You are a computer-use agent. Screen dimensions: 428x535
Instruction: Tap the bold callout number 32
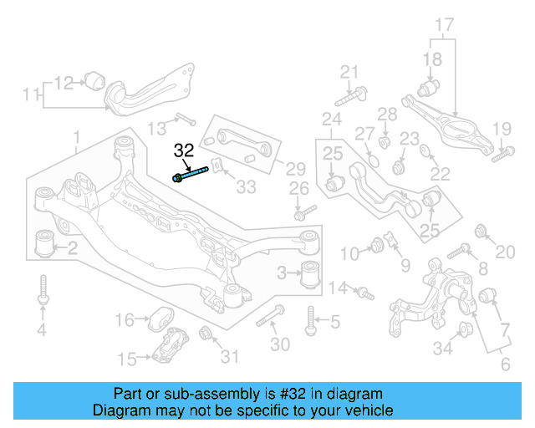pyautogui.click(x=184, y=151)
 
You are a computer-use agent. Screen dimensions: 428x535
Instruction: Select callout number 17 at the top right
pyautogui.click(x=444, y=24)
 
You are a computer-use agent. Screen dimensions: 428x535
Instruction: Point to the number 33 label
pyautogui.click(x=245, y=187)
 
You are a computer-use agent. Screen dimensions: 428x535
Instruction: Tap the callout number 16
pyautogui.click(x=124, y=319)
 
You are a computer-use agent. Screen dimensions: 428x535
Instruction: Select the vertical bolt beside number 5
pyautogui.click(x=311, y=319)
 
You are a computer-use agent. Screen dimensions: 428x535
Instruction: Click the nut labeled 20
pyautogui.click(x=481, y=232)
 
